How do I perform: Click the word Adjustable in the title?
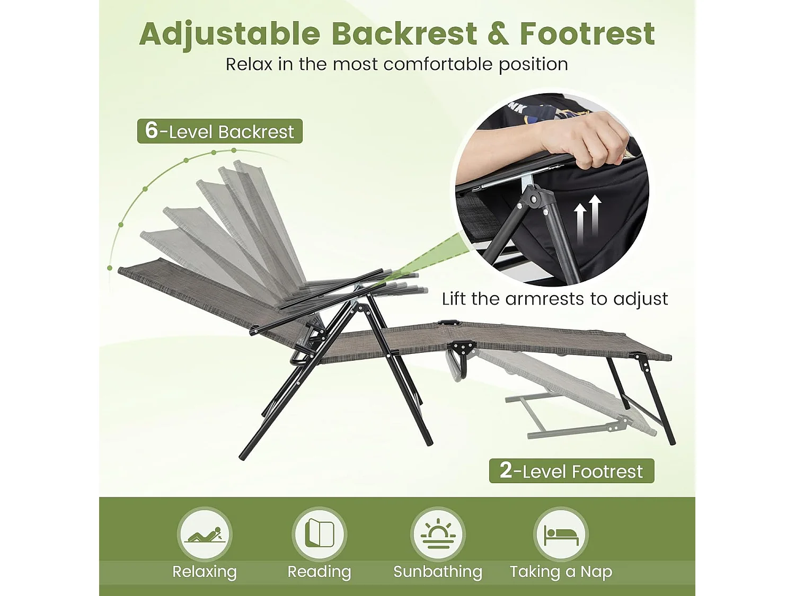point(230,34)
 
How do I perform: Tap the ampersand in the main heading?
point(498,34)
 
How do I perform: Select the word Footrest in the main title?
point(587,34)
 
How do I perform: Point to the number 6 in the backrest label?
point(152,130)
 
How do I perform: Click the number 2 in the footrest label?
point(506,470)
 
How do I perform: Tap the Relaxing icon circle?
point(205,534)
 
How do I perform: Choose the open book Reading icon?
point(320,533)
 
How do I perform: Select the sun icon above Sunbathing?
point(438,534)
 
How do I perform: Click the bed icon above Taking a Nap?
point(561,534)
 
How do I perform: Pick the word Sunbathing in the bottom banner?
point(438,572)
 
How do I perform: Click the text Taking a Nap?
point(561,572)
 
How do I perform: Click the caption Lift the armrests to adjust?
point(555,299)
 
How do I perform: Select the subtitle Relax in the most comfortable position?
point(397,64)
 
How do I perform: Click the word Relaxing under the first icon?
point(205,572)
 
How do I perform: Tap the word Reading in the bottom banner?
point(319,572)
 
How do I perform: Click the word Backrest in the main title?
point(404,34)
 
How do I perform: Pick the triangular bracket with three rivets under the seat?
point(463,348)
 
